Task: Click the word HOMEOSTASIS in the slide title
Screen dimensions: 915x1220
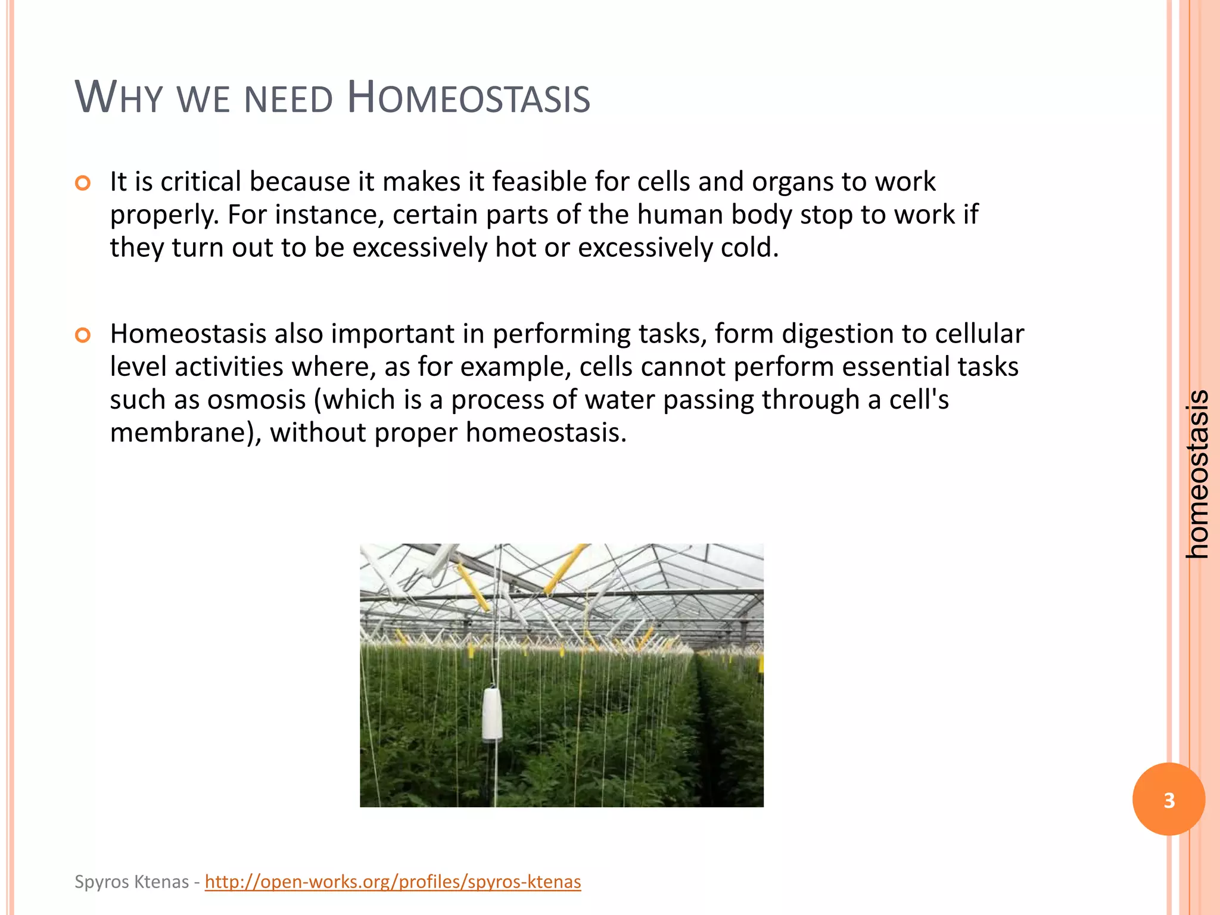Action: click(x=468, y=98)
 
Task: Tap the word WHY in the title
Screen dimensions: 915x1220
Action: click(x=119, y=98)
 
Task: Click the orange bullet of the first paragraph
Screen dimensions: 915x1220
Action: click(x=83, y=183)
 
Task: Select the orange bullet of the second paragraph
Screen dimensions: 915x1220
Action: click(x=83, y=335)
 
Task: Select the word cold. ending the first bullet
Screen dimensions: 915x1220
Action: click(x=749, y=247)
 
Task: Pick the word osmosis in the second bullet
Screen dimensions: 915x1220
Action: click(x=256, y=400)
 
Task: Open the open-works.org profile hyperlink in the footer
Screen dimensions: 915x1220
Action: click(x=393, y=882)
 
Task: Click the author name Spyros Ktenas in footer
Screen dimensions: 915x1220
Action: click(x=132, y=882)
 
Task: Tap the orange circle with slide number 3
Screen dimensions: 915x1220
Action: click(x=1168, y=800)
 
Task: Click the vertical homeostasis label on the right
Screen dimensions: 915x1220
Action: click(x=1197, y=474)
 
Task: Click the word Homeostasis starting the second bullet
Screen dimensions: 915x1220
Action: click(x=188, y=334)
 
